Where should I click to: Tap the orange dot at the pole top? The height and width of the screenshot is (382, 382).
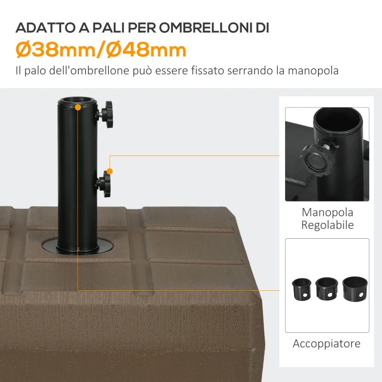click(78, 108)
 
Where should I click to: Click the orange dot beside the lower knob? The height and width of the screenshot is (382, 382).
click(110, 171)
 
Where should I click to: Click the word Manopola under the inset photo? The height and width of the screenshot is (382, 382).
click(327, 212)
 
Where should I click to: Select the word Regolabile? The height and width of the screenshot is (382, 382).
click(327, 225)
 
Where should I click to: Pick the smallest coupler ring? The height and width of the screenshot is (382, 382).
click(302, 288)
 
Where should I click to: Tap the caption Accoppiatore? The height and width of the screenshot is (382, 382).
click(327, 343)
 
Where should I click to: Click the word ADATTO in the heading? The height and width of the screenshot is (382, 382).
click(42, 28)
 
